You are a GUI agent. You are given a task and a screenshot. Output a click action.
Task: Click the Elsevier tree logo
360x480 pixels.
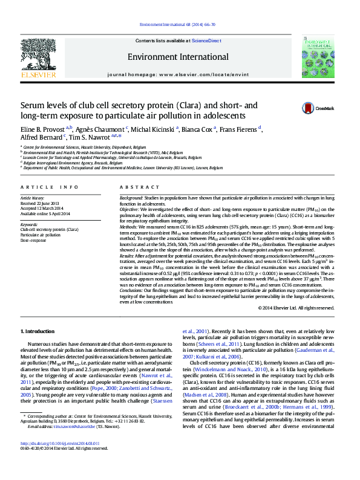tap(39, 57)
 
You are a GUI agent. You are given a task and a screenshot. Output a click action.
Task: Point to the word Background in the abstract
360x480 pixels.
tap(131, 198)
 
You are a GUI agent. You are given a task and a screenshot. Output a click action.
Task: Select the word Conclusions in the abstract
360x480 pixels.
tap(133, 290)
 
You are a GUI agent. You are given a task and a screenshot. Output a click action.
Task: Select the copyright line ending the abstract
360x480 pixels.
tap(296, 308)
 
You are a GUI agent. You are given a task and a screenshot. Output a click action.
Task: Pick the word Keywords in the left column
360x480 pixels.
tap(30, 224)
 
